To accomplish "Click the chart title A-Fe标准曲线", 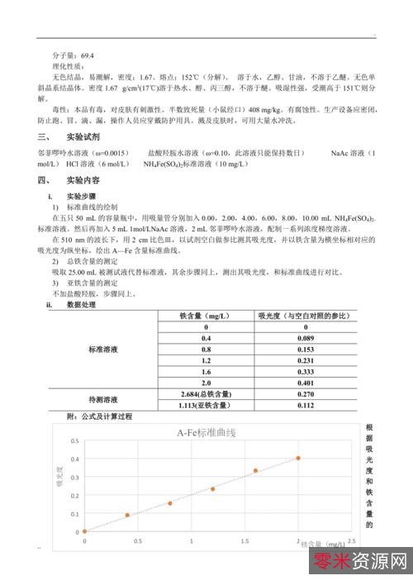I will click(x=206, y=432).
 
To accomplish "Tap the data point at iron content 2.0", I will click(x=298, y=458).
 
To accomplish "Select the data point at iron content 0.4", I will click(x=127, y=515).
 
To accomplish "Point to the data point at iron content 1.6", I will click(x=255, y=470).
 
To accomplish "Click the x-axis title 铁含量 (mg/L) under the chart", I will click(x=323, y=545).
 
